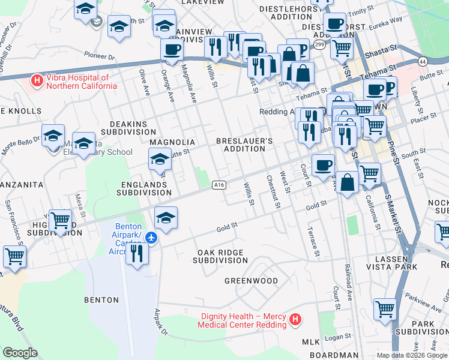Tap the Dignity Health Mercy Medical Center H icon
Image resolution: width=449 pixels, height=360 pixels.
[x=295, y=320]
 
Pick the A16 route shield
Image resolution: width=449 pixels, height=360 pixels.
[x=219, y=185]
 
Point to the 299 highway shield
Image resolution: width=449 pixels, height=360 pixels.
[x=319, y=44]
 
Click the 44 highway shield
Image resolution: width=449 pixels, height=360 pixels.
[x=423, y=62]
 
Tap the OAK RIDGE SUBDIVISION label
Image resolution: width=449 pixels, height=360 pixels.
[x=220, y=256]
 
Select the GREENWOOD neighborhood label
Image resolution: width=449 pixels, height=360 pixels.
[x=251, y=281]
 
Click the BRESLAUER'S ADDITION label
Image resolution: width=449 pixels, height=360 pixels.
[x=244, y=145]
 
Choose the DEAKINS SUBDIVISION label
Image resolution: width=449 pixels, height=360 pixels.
[x=128, y=127]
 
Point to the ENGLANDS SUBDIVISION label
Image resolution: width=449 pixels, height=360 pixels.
[x=143, y=188]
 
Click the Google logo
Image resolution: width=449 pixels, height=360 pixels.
[x=20, y=353]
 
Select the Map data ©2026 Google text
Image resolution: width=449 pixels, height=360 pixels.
[x=411, y=355]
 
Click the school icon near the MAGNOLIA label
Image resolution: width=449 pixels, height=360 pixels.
[x=160, y=160]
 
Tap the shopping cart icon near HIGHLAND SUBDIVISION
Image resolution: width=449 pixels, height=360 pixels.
[x=61, y=221]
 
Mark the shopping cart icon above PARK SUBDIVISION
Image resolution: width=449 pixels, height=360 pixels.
[x=385, y=309]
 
